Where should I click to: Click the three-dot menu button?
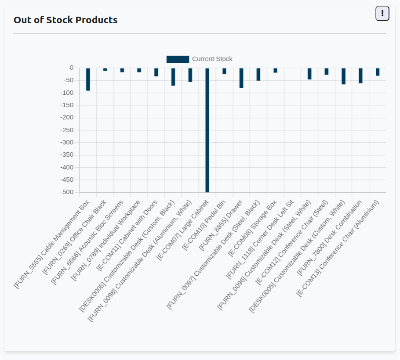click(x=382, y=14)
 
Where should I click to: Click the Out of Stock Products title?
click(x=65, y=20)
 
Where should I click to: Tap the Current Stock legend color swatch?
click(x=178, y=59)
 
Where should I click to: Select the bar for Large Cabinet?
click(x=207, y=130)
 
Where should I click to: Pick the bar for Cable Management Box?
click(x=88, y=79)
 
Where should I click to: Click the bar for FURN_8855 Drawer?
click(x=241, y=78)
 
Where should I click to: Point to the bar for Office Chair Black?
click(x=105, y=69)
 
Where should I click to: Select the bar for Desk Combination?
click(x=360, y=76)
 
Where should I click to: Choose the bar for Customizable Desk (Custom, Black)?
click(x=173, y=77)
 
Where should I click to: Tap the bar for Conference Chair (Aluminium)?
click(x=378, y=72)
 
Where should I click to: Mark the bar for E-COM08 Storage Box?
click(x=275, y=70)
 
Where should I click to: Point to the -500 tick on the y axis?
click(x=67, y=192)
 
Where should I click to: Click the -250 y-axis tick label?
click(x=67, y=130)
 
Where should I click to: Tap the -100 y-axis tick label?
click(x=67, y=93)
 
